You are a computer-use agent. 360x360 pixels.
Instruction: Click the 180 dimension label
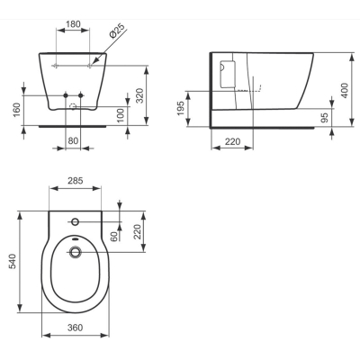tap(73, 23)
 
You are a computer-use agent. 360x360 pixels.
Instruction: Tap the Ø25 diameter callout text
tap(116, 31)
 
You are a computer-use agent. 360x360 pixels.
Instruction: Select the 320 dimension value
tap(139, 95)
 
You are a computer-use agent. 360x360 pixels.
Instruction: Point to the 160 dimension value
tap(17, 110)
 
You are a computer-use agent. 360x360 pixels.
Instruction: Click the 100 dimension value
tap(120, 115)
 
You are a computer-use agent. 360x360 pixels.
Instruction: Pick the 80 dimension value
tap(73, 140)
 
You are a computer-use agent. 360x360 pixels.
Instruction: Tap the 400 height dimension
tap(345, 90)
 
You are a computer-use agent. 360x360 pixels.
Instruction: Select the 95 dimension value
tap(324, 117)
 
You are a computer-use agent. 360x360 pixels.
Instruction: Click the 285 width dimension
tap(76, 181)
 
